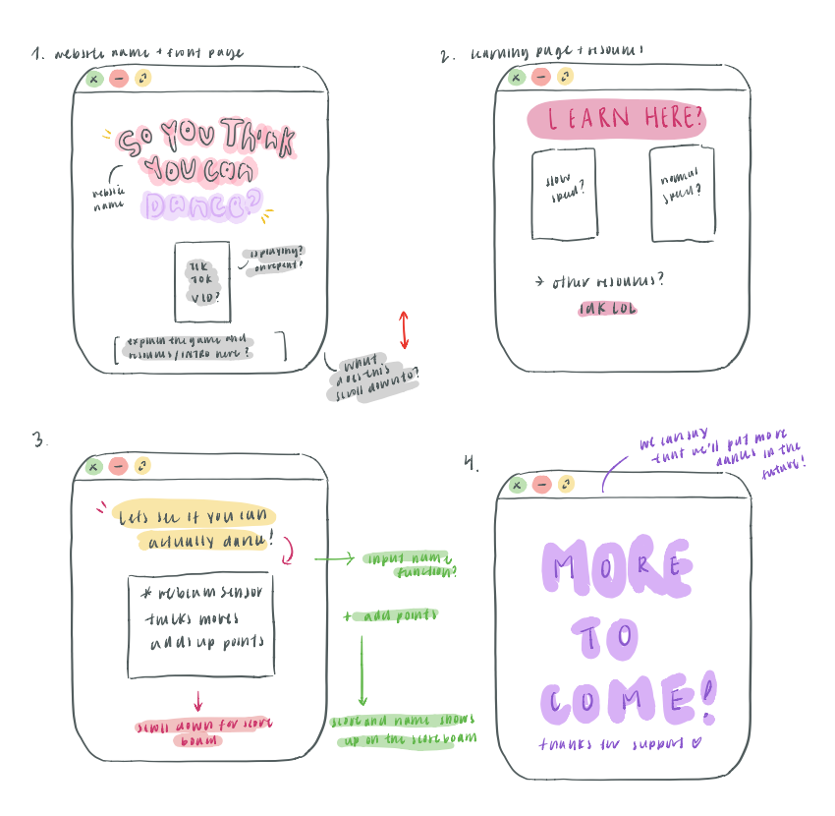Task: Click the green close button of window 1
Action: click(93, 78)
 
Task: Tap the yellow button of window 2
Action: click(565, 77)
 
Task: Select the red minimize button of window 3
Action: click(119, 466)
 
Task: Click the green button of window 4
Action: click(517, 484)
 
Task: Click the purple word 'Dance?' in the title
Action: click(202, 204)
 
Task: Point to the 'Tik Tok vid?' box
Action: click(201, 281)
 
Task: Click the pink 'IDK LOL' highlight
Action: click(608, 309)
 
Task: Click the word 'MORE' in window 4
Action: click(617, 566)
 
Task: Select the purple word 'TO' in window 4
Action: click(610, 638)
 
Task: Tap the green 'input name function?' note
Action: click(413, 564)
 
